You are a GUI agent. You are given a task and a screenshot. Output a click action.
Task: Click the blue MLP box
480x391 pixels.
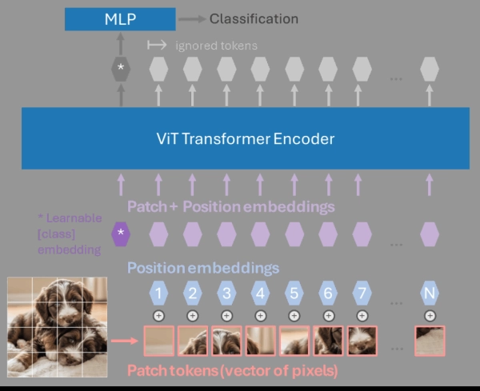[120, 18]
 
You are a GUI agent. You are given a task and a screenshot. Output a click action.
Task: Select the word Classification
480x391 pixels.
[254, 18]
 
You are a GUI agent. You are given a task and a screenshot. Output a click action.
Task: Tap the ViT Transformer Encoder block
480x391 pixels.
[245, 138]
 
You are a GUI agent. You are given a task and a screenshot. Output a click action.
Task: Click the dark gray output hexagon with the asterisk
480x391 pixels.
[120, 69]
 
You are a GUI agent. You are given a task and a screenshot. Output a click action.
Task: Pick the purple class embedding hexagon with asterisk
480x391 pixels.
[120, 234]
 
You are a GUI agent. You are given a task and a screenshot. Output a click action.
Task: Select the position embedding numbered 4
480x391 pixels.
[261, 293]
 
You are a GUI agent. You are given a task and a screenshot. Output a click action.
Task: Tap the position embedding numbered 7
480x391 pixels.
[362, 293]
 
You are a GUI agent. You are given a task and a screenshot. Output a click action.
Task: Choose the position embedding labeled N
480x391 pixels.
[430, 293]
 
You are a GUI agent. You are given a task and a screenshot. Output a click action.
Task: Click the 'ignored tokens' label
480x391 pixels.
[216, 46]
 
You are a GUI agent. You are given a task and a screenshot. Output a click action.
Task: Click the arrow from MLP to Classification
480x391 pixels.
[192, 18]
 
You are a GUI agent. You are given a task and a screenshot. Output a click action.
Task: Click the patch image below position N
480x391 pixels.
[430, 341]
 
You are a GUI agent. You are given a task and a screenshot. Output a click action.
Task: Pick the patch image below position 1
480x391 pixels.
[158, 341]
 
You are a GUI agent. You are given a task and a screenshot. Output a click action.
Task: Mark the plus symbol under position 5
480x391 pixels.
[294, 316]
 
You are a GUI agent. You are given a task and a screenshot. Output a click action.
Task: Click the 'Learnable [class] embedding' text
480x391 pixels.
[69, 233]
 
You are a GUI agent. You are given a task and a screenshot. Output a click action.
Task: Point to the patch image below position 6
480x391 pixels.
[328, 341]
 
